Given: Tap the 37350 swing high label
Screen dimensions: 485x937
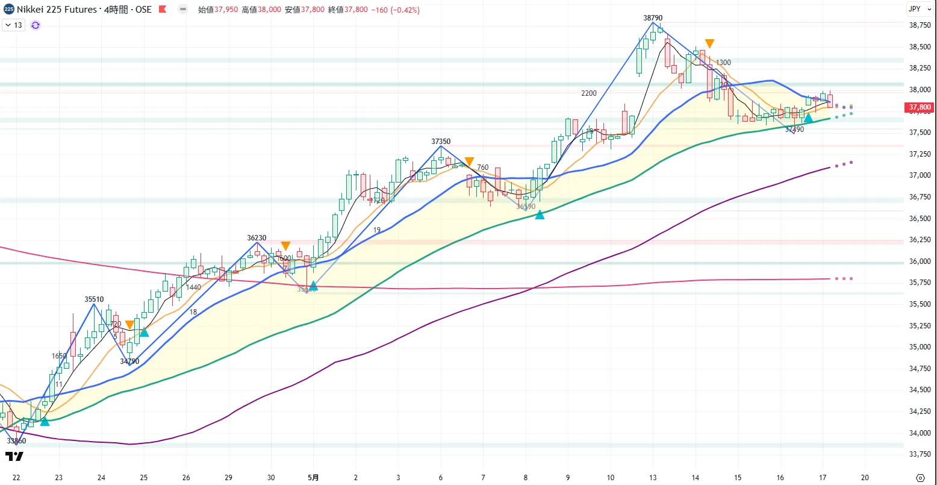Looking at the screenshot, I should pos(441,142).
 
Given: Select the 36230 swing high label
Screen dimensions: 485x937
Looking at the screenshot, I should pos(257,238).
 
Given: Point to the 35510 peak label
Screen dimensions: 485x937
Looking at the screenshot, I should pos(94,299).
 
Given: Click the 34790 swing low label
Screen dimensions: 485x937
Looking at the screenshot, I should pos(129,361).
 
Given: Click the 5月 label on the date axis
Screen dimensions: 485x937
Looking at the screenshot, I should pos(313,477).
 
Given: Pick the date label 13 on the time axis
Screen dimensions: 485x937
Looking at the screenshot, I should pos(653,477).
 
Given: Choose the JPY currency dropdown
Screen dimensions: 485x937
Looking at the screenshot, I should pos(917,9).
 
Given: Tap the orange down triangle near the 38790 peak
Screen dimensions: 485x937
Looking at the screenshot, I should pos(710,43).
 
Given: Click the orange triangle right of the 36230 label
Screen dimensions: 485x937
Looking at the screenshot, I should pos(286,246).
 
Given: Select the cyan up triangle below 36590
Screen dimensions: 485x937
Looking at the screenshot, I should pos(540,214).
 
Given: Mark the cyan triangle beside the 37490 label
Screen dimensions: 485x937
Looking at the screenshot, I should pos(808,118).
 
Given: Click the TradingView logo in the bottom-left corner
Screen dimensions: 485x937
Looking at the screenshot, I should pos(14,457).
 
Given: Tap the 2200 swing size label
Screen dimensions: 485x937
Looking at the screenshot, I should pos(589,93).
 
